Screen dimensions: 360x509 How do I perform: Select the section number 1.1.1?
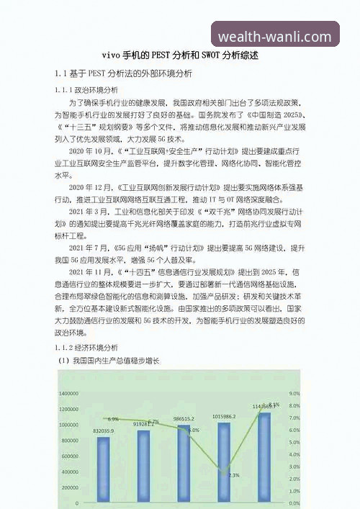[x=68, y=91]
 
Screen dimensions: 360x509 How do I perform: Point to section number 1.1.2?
[x=68, y=346]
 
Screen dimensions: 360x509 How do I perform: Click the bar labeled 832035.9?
[x=104, y=468]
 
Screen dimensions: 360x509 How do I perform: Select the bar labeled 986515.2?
[x=184, y=464]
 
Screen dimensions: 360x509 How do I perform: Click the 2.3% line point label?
[x=234, y=475]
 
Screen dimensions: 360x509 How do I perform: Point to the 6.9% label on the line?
[x=113, y=419]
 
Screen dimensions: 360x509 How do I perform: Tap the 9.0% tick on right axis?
[x=294, y=394]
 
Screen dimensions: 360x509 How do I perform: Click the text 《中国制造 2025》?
[x=272, y=114]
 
